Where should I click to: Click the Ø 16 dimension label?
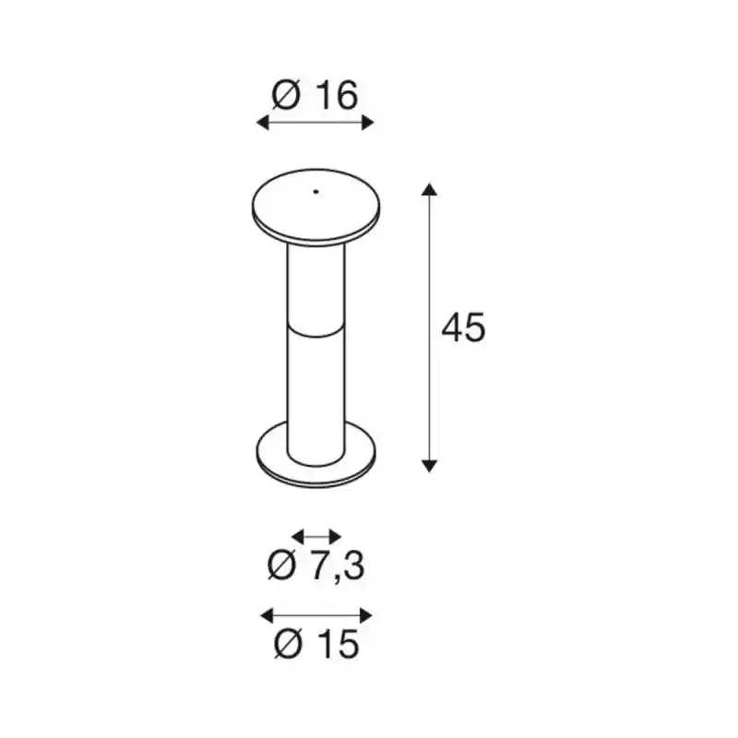315,96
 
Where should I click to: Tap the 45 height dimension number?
463,327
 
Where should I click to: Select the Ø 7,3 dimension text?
315,565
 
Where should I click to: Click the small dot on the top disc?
315,192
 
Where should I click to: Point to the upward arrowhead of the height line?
429,189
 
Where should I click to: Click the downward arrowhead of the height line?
429,466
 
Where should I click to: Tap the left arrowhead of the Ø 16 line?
262,123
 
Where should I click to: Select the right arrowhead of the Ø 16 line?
367,123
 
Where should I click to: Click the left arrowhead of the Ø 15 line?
267,615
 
